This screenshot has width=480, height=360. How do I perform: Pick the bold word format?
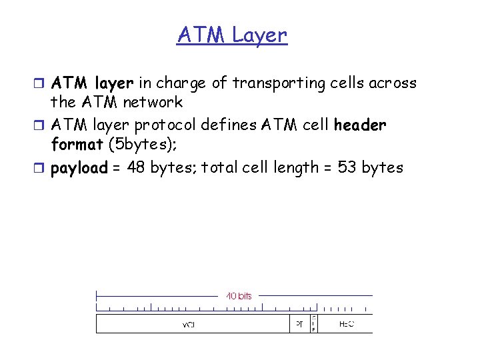(x=76, y=144)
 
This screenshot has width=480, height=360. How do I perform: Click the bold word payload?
(x=79, y=168)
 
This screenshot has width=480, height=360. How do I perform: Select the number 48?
(x=135, y=167)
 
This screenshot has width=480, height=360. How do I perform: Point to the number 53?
(x=347, y=167)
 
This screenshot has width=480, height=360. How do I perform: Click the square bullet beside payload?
(x=42, y=167)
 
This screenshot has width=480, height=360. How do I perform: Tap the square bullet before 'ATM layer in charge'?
(x=42, y=83)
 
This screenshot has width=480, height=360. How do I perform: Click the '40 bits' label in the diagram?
(x=239, y=295)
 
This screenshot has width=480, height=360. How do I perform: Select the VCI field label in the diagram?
(x=189, y=325)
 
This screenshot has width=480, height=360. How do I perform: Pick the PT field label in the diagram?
(x=299, y=325)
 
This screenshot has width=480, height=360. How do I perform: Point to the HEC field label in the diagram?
(x=346, y=325)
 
